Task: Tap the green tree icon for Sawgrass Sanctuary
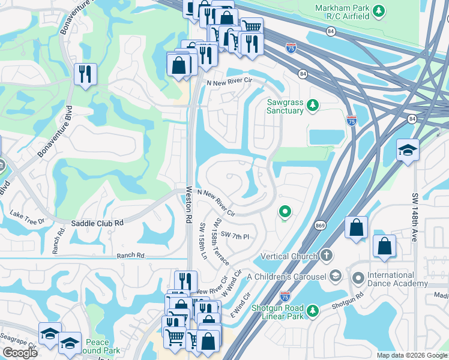click(312, 106)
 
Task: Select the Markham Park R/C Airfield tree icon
click(378, 11)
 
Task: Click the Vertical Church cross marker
click(326, 256)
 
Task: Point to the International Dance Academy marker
click(358, 278)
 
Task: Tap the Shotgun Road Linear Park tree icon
click(312, 311)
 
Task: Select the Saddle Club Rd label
click(97, 223)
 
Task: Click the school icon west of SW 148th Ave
click(408, 150)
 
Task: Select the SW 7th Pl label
click(235, 235)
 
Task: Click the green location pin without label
click(285, 212)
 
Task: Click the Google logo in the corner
click(19, 353)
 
